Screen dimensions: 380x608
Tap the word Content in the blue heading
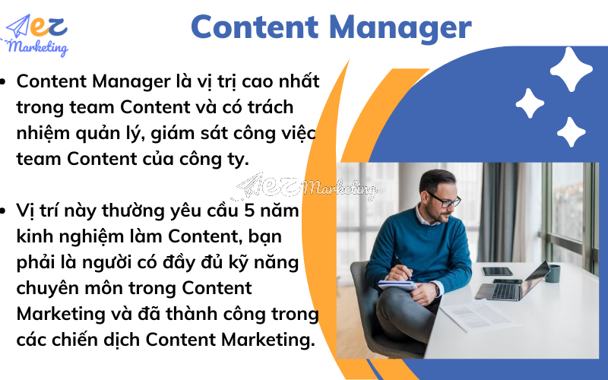pos(250,28)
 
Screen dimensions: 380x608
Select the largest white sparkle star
pos(571,69)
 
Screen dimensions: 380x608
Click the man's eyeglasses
pos(442,199)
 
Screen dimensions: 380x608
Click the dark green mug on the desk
pos(553,273)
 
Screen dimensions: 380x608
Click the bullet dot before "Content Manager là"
pos(6,81)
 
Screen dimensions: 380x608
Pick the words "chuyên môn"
pos(62,288)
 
